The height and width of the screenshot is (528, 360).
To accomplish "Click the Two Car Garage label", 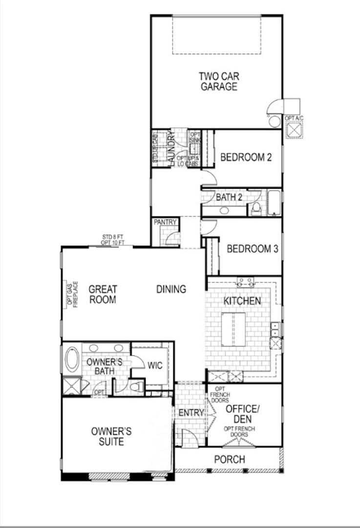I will tap(218, 82).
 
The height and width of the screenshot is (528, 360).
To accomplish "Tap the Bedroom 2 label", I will tap(246, 157).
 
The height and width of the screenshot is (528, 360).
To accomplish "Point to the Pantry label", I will tap(165, 222).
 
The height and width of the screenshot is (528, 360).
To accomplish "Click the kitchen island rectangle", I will tap(233, 329).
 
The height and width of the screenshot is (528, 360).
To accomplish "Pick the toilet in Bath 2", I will tap(256, 209).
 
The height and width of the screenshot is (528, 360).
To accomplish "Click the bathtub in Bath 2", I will tap(274, 203).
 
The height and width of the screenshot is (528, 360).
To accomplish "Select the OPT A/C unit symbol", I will tap(294, 131).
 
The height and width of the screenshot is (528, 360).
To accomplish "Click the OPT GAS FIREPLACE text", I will tap(72, 294).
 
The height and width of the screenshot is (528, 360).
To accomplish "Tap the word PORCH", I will tap(230, 460).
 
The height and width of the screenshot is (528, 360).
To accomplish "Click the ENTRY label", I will tap(191, 413).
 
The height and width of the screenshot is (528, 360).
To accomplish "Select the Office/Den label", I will tap(241, 414).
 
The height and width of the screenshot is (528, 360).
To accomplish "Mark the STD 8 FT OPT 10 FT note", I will tap(113, 240).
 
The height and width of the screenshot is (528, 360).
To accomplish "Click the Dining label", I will tap(171, 289).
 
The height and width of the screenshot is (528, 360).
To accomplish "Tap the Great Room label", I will tap(103, 294).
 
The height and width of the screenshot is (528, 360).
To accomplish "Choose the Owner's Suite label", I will tap(111, 437).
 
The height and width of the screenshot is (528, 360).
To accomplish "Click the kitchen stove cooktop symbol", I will tap(245, 282).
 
